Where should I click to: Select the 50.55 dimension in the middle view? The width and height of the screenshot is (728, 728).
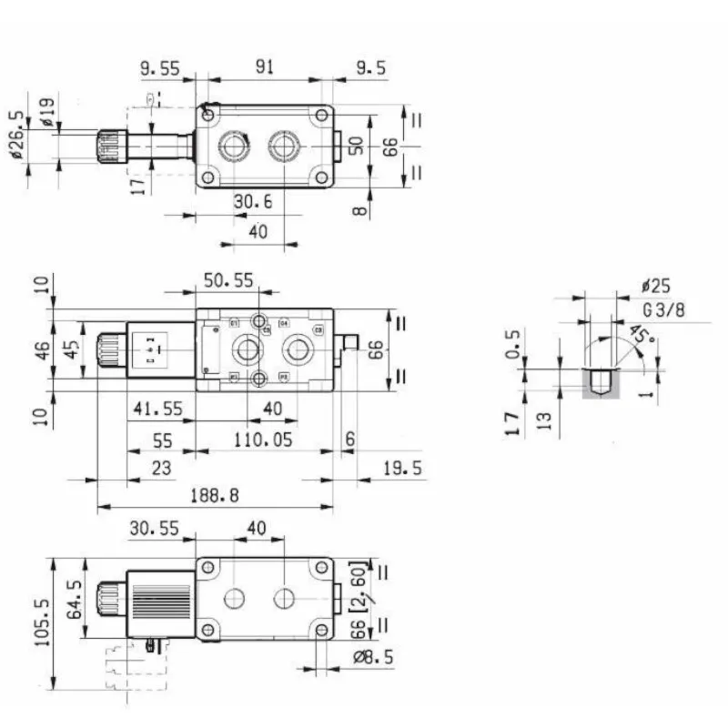228,281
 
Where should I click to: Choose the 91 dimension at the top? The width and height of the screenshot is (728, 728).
266,67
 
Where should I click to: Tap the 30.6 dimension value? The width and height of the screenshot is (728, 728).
252,202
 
